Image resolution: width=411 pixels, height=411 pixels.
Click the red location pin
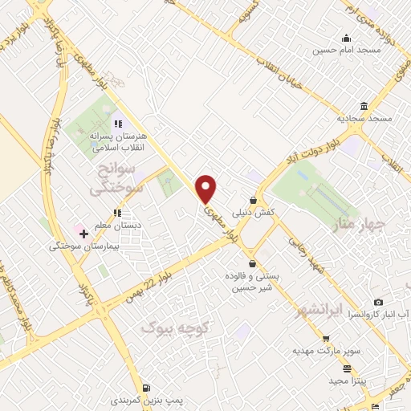pos(206,188)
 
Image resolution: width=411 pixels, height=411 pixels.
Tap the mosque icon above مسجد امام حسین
pos(346,37)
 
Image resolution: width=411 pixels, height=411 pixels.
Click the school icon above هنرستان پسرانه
pos(118,124)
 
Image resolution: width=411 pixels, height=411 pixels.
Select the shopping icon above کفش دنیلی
pos(254,200)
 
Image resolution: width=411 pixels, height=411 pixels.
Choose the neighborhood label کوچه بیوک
pos(175,328)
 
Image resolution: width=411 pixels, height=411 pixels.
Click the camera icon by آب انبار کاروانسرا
pos(378,303)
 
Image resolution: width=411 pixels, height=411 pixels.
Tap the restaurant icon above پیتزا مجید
pos(347,369)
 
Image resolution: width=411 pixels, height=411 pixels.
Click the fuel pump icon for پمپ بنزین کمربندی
pos(147,387)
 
